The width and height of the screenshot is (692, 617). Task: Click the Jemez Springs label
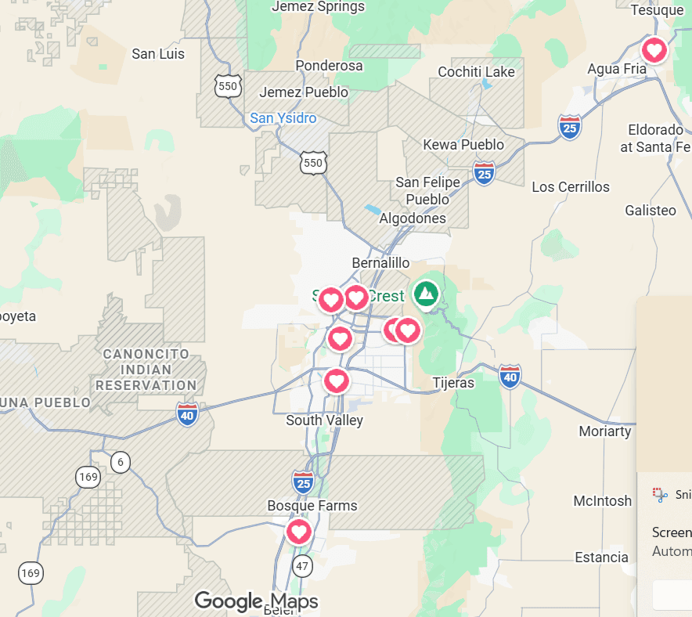click(318, 7)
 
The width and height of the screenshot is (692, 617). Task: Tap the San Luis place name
click(158, 54)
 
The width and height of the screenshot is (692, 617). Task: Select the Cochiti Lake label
click(476, 72)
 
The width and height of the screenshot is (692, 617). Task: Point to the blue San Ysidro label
click(283, 118)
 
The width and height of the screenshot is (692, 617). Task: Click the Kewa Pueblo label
click(463, 145)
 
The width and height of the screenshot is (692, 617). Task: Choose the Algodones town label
click(413, 218)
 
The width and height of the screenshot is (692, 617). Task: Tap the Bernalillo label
click(380, 262)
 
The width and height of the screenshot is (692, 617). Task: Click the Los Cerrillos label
click(570, 187)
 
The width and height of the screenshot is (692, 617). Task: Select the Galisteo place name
click(651, 211)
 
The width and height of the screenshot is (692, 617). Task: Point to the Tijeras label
click(453, 383)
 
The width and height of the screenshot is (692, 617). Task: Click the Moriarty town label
click(604, 431)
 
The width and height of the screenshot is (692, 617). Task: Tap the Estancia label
click(601, 557)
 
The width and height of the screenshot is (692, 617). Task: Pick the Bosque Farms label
click(312, 506)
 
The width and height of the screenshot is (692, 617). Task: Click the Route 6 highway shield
click(119, 462)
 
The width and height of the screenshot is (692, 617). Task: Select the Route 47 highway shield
click(302, 565)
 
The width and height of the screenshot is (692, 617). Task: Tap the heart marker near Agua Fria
click(654, 51)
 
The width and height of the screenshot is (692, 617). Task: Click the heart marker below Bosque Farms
click(298, 532)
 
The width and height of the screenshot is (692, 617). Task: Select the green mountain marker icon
click(426, 294)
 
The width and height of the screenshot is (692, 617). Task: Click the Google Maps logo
click(256, 601)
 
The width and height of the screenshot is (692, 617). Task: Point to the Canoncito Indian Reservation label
click(146, 370)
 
